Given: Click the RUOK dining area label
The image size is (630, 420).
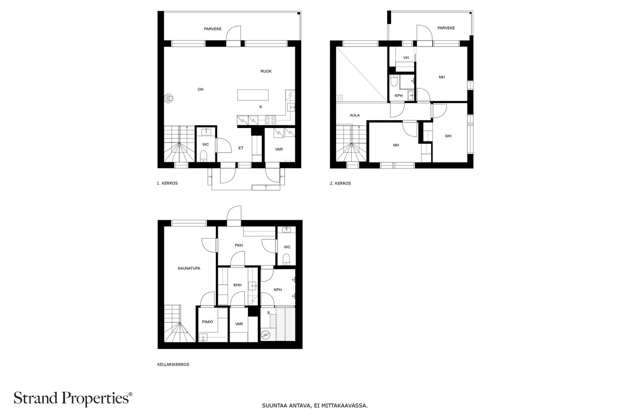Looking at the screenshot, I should (266, 71).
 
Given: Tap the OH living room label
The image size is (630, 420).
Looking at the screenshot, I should (200, 89).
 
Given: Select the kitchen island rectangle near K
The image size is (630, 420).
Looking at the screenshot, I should (253, 95).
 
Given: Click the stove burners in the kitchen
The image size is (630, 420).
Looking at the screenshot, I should (270, 120).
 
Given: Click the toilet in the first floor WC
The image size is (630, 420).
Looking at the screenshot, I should (203, 158).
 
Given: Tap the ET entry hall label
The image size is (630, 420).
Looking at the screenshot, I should (241, 148).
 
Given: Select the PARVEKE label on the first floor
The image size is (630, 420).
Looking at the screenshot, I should (213, 29).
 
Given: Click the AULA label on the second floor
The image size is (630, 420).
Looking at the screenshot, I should (355, 115).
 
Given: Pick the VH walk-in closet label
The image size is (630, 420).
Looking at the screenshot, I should (406, 58).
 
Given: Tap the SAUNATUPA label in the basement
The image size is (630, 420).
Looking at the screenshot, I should (189, 268).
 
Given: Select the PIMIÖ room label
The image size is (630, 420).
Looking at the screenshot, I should (208, 322).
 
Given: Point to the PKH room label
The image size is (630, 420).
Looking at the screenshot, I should (239, 245).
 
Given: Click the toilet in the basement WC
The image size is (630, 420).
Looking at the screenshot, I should (287, 259).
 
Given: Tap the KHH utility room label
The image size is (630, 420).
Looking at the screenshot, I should (237, 285).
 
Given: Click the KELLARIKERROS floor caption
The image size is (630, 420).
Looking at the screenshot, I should (173, 364).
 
